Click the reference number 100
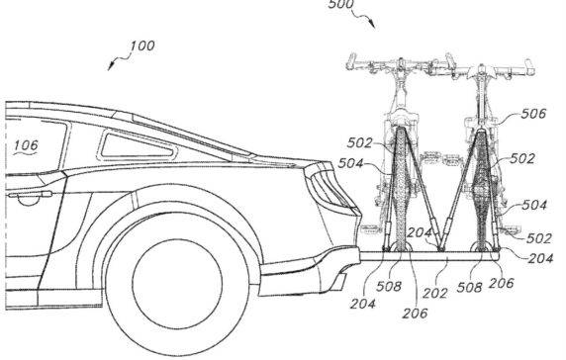(x=141, y=45)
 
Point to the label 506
(x=535, y=115)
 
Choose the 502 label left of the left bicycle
(x=361, y=144)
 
